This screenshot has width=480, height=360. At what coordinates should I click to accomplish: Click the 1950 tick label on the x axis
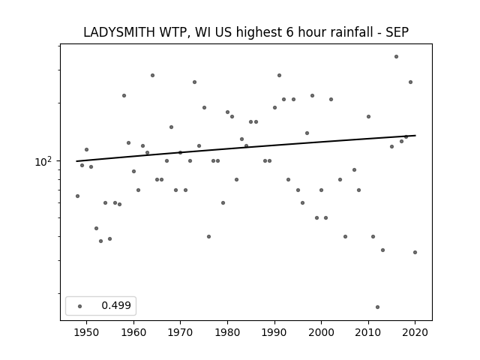click(87, 332)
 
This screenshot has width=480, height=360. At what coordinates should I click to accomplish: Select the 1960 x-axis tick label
click(133, 332)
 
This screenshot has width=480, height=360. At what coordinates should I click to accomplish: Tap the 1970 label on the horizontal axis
click(180, 332)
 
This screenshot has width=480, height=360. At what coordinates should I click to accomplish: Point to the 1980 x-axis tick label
click(227, 332)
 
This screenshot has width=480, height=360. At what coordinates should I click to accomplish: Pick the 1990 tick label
click(274, 332)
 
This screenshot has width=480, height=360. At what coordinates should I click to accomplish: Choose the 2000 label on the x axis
click(321, 332)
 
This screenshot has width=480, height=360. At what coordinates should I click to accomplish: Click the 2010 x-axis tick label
click(368, 332)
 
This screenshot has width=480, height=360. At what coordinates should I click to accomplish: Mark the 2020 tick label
click(415, 332)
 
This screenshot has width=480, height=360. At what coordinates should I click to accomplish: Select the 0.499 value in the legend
click(116, 305)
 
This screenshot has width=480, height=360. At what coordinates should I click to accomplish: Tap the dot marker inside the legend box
click(80, 306)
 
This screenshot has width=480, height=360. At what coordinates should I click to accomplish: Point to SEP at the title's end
click(397, 32)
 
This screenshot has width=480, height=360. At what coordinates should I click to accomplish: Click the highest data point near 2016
click(396, 57)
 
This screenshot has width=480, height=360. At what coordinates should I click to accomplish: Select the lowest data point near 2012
click(377, 307)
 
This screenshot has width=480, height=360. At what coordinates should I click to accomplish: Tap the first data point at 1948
click(77, 196)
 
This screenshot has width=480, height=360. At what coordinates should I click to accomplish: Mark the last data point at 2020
click(415, 252)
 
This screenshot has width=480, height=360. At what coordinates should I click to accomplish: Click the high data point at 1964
click(152, 75)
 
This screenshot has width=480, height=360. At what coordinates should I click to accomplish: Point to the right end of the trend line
click(415, 135)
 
